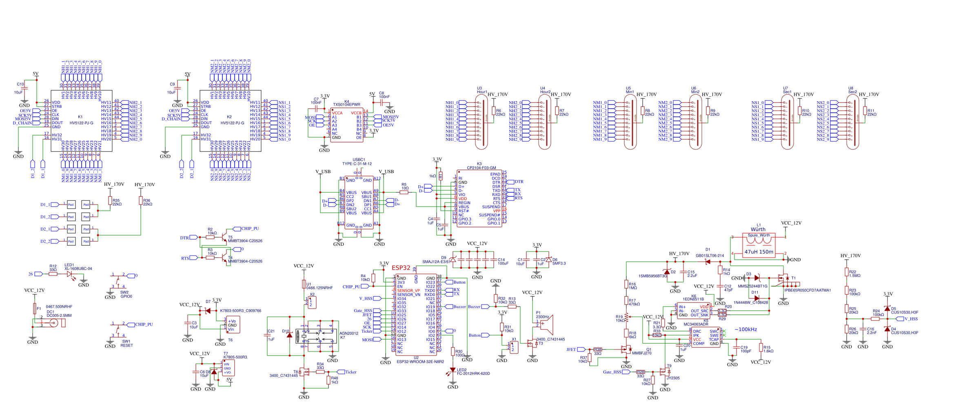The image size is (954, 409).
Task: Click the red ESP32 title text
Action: (401, 268)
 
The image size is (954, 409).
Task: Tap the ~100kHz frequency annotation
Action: (745, 329)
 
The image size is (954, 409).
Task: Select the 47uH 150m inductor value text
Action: (759, 252)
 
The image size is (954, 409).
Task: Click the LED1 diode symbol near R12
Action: (70, 274)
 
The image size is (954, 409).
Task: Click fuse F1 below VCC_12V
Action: (35, 308)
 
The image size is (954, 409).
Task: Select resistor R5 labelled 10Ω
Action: (404, 192)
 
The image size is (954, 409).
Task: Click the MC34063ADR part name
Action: (696, 325)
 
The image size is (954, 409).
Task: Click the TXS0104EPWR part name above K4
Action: (346, 104)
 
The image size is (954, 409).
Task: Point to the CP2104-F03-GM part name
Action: (481, 168)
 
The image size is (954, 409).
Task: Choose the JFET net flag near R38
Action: (581, 349)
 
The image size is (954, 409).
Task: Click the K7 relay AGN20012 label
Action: (348, 333)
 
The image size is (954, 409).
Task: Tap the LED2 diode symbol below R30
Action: (453, 370)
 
